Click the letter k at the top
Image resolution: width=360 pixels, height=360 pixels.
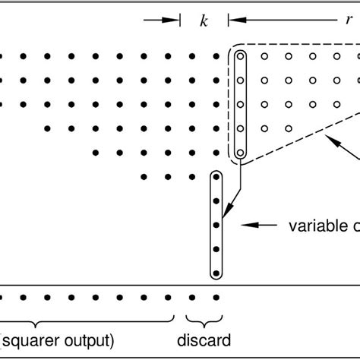tap(204, 21)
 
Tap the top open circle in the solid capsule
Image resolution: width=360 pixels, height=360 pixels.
tap(240, 56)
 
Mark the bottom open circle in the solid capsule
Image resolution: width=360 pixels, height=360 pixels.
tap(240, 153)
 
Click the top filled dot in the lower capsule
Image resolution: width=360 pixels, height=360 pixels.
tap(216, 177)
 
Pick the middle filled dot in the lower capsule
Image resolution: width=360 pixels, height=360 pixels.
tap(216, 226)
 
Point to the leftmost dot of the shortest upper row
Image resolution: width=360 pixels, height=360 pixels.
tap(144, 177)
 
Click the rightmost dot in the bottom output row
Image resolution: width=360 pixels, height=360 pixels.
tap(216, 297)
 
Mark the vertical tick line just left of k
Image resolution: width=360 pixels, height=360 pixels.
tap(180, 21)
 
